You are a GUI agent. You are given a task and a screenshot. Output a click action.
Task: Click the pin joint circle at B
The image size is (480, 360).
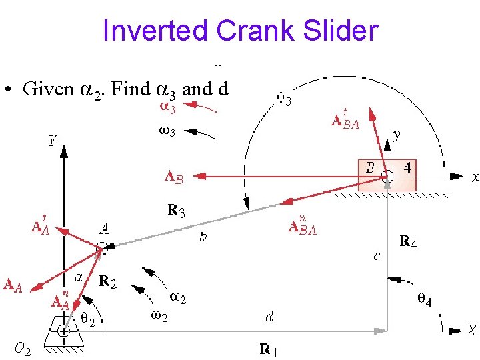[x=387, y=177]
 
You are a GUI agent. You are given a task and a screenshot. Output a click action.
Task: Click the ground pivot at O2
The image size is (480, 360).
[x=63, y=331]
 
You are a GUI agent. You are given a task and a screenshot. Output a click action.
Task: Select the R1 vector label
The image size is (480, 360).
[x=269, y=349]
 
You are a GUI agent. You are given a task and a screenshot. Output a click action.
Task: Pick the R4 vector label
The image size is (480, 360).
[x=407, y=242]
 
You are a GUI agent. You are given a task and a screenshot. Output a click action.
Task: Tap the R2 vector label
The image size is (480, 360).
[x=107, y=282]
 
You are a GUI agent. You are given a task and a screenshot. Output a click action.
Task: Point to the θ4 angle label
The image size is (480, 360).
[x=424, y=301]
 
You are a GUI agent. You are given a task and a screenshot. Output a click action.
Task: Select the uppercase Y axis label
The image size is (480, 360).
[x=51, y=142]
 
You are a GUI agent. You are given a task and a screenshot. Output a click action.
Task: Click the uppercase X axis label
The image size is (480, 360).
[x=471, y=330]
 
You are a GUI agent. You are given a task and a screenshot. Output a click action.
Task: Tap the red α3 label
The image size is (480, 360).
[x=167, y=106]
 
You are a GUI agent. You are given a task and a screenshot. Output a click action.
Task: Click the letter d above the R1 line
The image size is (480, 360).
[x=269, y=317]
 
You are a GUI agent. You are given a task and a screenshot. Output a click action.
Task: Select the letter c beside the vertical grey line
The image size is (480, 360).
[x=377, y=256]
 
